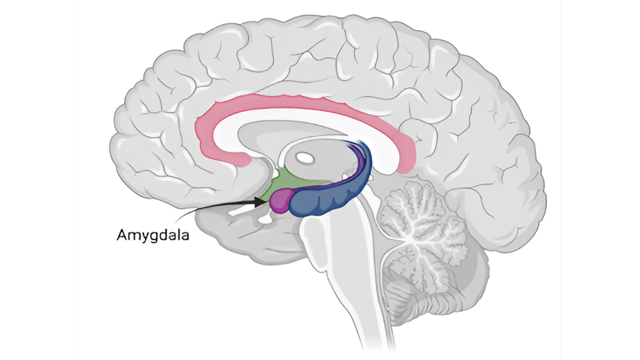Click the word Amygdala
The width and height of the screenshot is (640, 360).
(153, 235)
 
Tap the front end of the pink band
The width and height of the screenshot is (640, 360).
(241, 160)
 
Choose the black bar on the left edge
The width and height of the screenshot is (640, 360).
(39, 180)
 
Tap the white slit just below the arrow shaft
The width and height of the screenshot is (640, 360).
(241, 211)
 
